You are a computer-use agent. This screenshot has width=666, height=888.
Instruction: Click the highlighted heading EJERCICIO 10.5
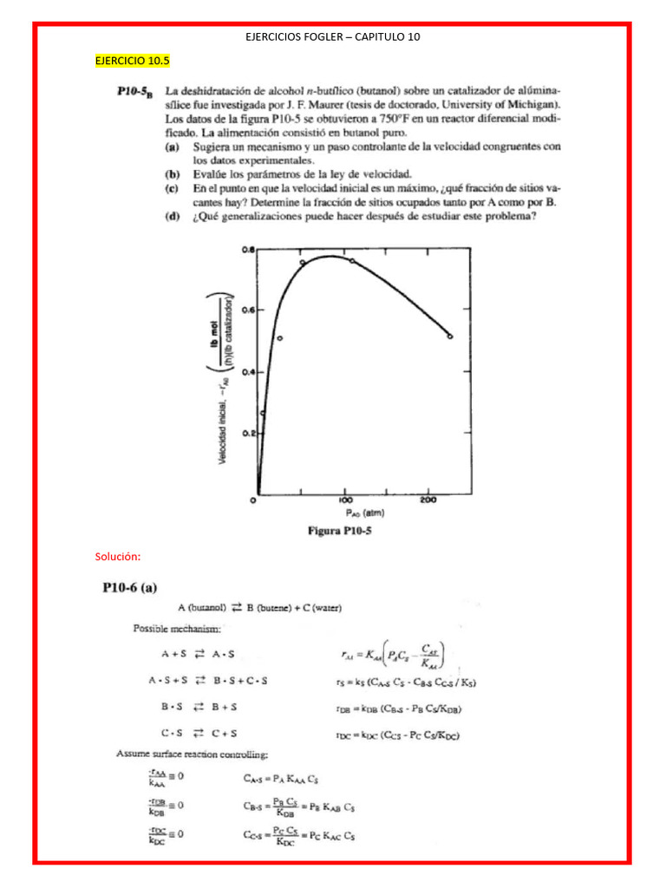pyautogui.click(x=132, y=61)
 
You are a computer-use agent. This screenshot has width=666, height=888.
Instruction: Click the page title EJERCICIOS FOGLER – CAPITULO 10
pyautogui.click(x=333, y=36)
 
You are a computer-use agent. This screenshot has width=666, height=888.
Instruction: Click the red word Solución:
pyautogui.click(x=118, y=556)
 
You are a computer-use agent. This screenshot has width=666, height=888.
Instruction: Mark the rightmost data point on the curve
pyautogui.click(x=450, y=336)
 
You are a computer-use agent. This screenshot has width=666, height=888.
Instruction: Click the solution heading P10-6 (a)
pyautogui.click(x=137, y=589)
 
